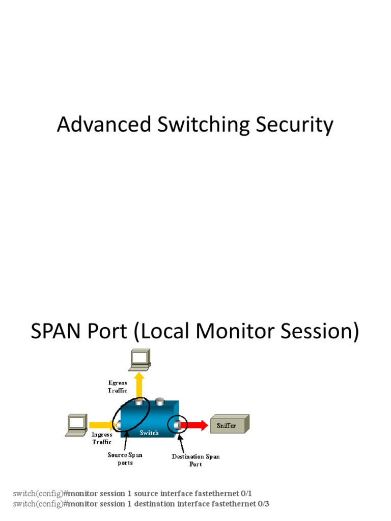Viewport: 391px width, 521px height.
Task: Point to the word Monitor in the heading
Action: click(235, 331)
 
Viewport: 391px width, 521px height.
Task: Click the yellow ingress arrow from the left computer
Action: click(100, 424)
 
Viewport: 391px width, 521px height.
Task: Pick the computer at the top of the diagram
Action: click(139, 360)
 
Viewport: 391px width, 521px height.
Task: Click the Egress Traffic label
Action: click(117, 387)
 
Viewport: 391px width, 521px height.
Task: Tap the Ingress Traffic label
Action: click(102, 439)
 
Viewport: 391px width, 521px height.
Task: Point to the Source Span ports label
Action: click(125, 458)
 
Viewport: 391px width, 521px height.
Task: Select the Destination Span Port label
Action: click(195, 460)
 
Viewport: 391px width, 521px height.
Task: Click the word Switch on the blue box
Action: click(149, 433)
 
